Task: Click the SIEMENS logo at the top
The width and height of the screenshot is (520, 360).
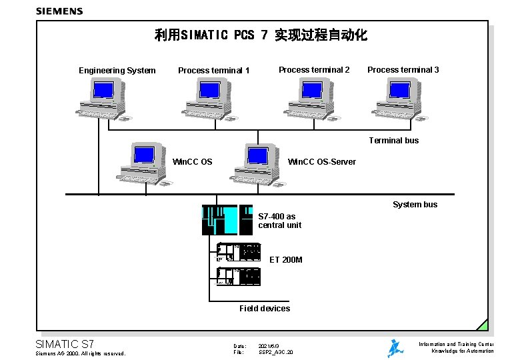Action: [59, 11]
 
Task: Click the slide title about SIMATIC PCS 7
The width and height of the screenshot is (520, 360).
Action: [261, 35]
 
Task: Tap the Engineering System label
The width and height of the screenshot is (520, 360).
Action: [117, 71]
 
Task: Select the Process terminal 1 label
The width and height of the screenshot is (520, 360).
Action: [213, 71]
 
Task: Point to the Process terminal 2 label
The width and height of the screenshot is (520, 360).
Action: [314, 69]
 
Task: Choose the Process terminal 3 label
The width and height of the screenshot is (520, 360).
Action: [403, 69]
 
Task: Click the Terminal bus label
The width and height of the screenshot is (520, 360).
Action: [394, 141]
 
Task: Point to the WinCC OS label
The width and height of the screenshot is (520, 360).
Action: [193, 162]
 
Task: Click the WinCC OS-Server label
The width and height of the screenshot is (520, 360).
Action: [321, 162]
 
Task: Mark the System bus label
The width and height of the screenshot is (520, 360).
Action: [415, 205]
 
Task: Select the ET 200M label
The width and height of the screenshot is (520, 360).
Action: [286, 259]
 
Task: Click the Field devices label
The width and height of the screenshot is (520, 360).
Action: [265, 308]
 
